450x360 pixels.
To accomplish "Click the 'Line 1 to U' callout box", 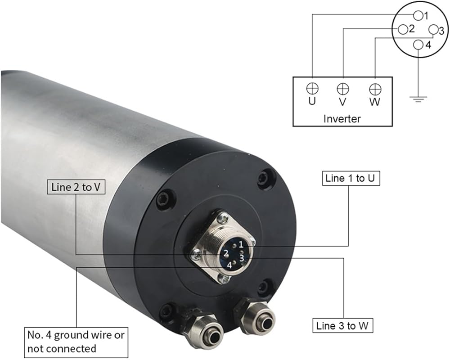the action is click(351, 178).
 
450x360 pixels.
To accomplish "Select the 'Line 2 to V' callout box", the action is click(76, 187).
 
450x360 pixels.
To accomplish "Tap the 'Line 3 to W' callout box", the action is click(342, 326).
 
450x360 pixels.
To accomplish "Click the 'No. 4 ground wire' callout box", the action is click(76, 342).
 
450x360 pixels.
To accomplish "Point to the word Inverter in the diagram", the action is click(342, 118).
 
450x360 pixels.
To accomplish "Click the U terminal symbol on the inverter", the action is click(312, 88).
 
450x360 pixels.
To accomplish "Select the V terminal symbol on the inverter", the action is click(342, 89).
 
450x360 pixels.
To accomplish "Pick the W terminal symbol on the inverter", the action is click(375, 89).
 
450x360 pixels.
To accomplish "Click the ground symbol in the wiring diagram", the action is click(418, 99).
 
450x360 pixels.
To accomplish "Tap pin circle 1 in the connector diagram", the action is click(418, 15).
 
